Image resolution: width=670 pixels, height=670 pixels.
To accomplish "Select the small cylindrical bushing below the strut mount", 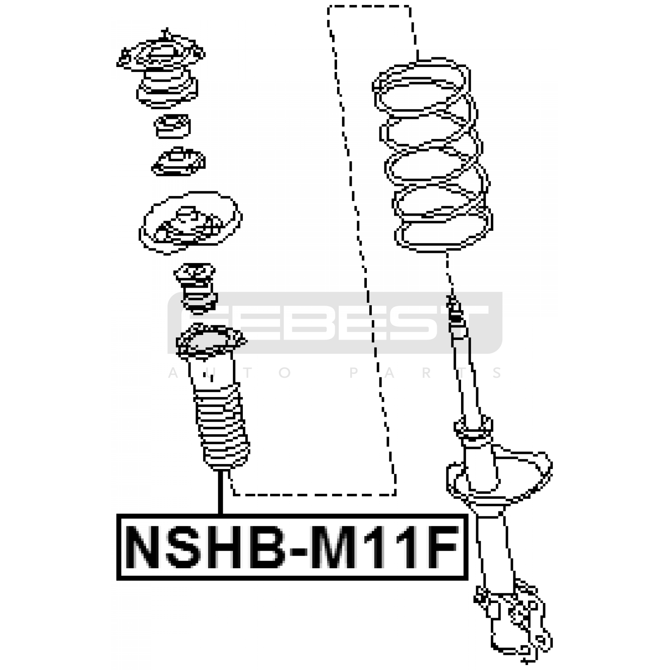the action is [x=173, y=126].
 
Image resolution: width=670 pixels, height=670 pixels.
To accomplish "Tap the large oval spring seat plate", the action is [x=191, y=222].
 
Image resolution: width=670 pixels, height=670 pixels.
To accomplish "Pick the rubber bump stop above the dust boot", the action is [x=196, y=288].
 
